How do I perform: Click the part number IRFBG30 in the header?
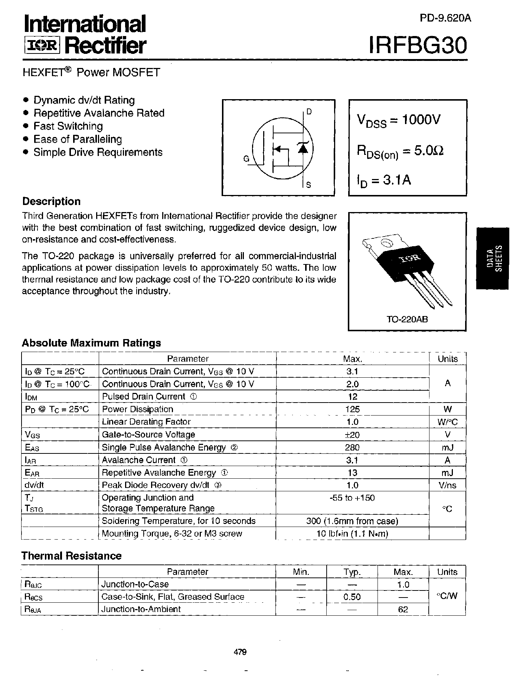pos(418,46)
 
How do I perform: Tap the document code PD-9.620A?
pos(445,18)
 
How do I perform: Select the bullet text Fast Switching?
pos(68,126)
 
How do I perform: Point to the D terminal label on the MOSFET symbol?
pos(309,111)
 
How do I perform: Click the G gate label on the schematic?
pos(246,159)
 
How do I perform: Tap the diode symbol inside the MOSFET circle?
pos(303,148)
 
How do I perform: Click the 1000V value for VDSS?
pos(421,120)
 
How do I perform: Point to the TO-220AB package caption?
pos(407,319)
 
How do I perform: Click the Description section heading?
pos(52,201)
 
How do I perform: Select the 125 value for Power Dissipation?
pos(352,409)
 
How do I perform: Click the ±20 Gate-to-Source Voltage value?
pos(352,434)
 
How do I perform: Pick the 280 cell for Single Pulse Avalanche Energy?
pos(352,447)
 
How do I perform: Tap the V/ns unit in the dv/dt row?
pos(447,485)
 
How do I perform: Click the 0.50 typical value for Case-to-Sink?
pos(352,597)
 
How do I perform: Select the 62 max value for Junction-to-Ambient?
pos(403,609)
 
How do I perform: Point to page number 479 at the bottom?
pos(240,652)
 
